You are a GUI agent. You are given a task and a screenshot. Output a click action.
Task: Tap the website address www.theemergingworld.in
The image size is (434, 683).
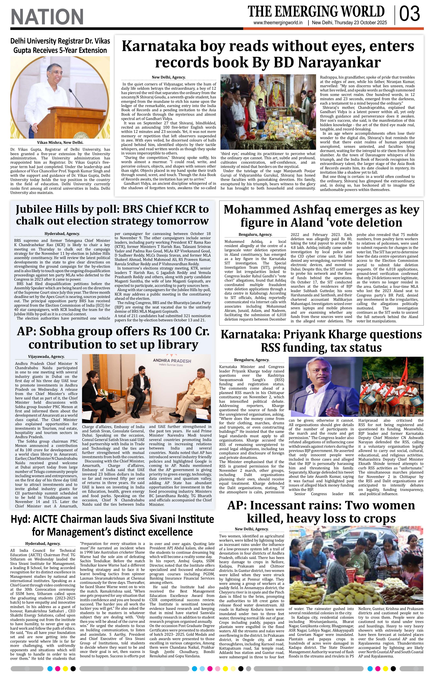click(x=278, y=23)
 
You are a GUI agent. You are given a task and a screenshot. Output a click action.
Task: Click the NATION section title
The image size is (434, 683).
click(x=47, y=17)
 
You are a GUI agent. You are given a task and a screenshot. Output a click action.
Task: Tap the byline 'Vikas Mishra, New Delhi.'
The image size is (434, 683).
click(x=60, y=143)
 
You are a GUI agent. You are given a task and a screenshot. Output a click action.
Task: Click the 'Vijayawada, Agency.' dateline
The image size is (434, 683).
click(x=46, y=357)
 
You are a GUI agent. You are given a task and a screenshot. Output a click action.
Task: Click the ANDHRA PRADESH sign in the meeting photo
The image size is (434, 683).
click(x=172, y=361)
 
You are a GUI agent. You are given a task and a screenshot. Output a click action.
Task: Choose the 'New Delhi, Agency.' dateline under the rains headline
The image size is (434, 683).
click(x=252, y=529)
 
